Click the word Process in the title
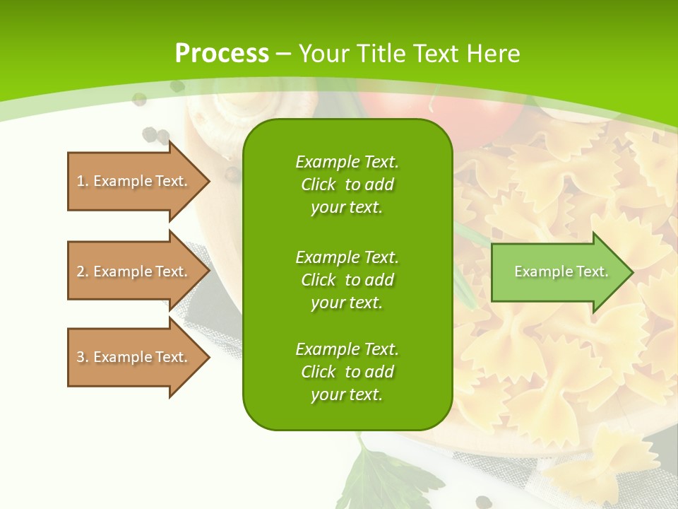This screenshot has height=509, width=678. coord(222,54)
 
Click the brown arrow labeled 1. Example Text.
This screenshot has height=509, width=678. coord(134,181)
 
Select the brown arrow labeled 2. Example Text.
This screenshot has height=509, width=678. coord(134,271)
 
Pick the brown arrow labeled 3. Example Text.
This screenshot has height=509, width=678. coord(134,357)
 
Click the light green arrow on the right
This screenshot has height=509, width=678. coord(558,272)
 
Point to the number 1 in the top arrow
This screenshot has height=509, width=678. coord(81,181)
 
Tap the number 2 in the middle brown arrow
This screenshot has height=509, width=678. coord(81,271)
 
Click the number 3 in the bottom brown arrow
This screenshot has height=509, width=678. coord(81,357)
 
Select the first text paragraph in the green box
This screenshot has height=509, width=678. coord(347,185)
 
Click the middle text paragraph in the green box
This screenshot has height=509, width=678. coord(347,280)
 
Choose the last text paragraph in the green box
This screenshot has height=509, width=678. coord(347,372)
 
